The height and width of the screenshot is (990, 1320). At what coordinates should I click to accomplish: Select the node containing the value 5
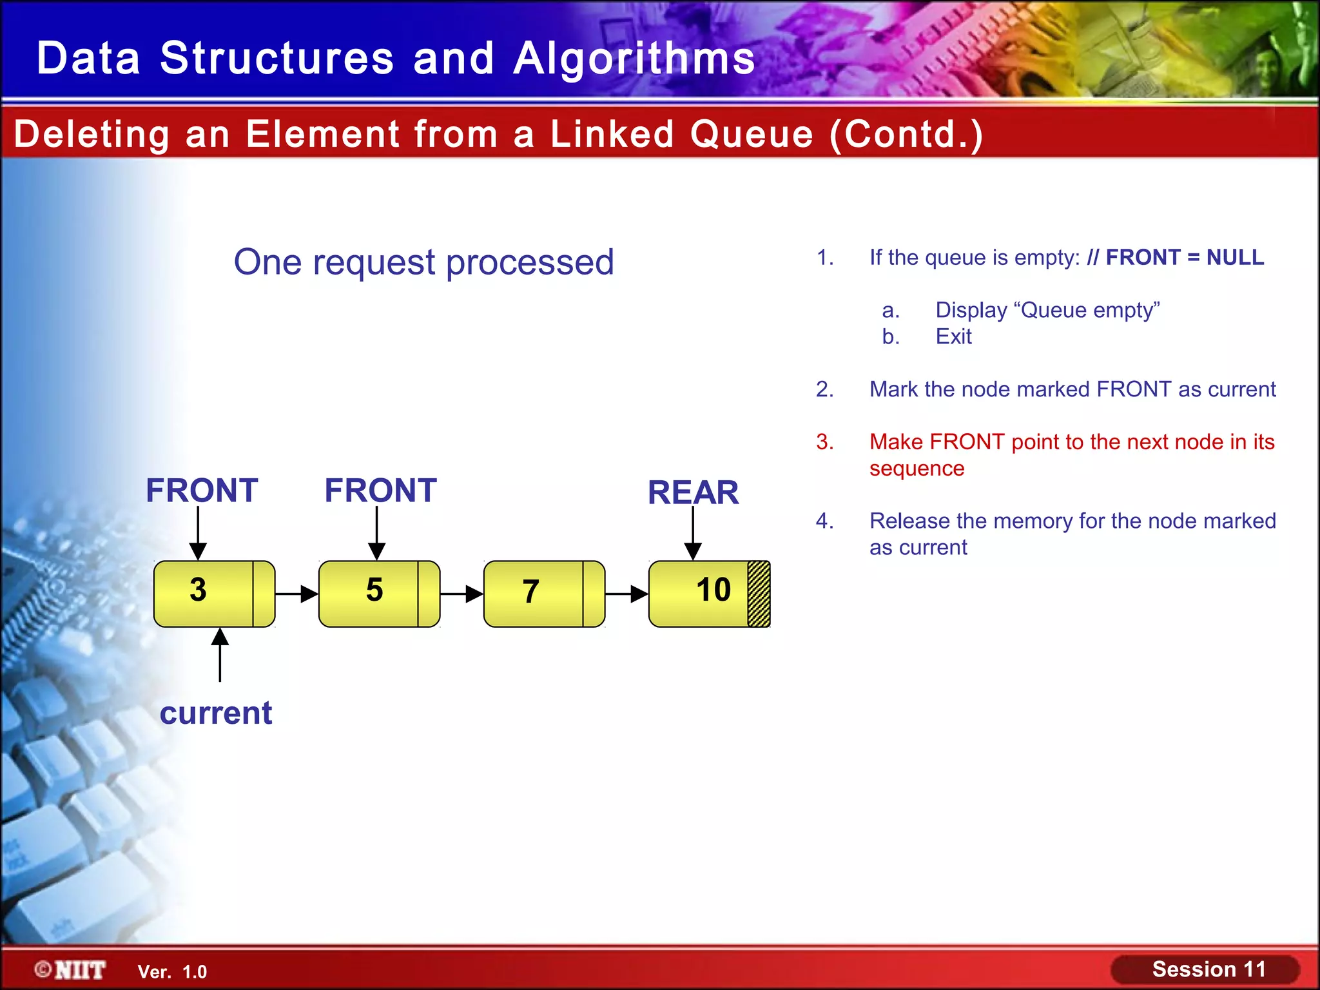(x=379, y=594)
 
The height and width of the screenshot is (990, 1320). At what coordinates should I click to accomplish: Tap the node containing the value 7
(x=544, y=594)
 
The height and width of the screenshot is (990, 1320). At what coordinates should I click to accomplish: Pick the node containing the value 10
(x=709, y=594)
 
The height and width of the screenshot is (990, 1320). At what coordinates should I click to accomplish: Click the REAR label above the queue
(x=693, y=493)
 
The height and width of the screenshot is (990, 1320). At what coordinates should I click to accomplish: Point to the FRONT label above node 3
(x=202, y=490)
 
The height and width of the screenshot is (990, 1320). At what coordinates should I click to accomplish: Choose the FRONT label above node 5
(x=380, y=490)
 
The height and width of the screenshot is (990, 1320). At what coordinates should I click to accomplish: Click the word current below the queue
(x=216, y=713)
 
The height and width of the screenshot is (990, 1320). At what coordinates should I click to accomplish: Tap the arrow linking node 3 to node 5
(x=297, y=594)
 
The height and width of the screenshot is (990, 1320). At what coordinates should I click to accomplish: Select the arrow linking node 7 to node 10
(x=627, y=594)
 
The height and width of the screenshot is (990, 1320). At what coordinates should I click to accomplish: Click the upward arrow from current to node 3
(x=220, y=655)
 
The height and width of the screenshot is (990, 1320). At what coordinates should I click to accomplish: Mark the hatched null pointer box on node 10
(x=759, y=594)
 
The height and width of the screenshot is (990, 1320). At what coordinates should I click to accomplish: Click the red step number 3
(x=825, y=442)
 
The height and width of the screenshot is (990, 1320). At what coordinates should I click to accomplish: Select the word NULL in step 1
(x=1235, y=258)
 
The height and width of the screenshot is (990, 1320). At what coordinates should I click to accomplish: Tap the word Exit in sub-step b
(x=953, y=336)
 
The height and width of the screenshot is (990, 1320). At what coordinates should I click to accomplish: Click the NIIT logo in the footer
(x=71, y=970)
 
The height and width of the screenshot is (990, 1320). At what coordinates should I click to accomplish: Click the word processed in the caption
(x=530, y=262)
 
